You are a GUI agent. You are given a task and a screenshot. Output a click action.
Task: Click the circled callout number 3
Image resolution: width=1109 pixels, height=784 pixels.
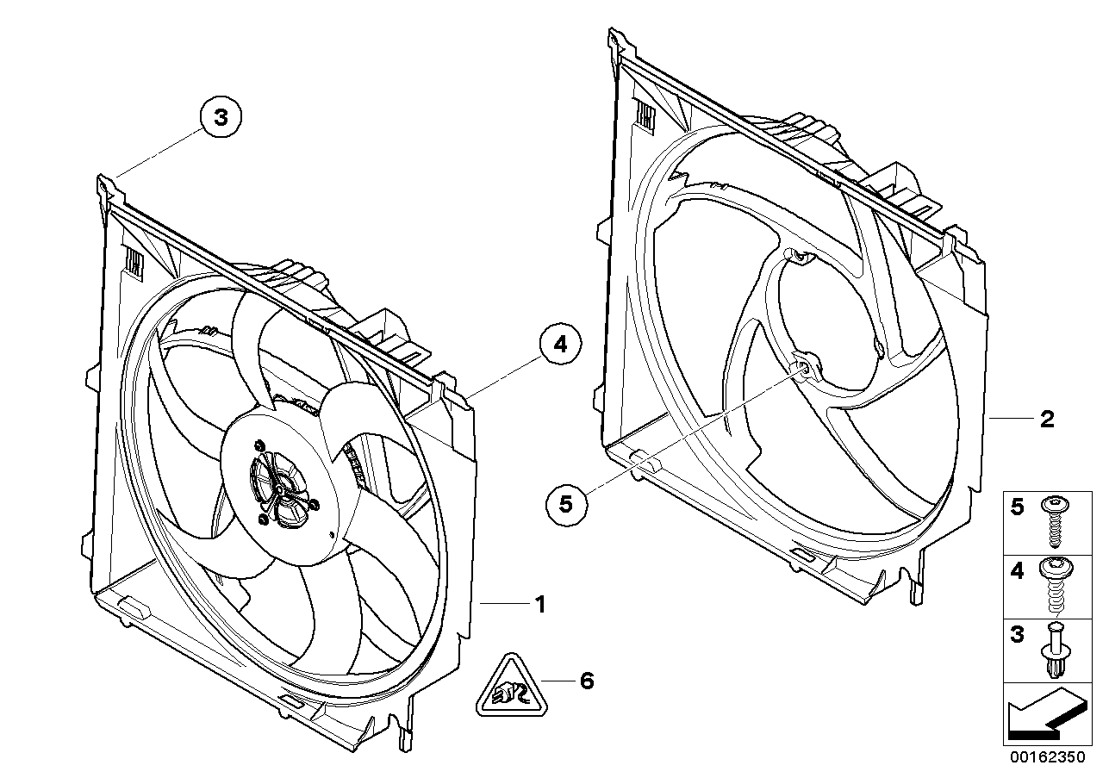221,117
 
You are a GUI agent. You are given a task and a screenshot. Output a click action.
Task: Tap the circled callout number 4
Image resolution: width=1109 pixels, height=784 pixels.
560,345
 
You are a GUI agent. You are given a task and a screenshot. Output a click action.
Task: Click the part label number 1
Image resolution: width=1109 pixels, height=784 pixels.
540,605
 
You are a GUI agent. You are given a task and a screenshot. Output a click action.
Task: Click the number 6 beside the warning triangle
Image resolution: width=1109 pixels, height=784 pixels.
587,681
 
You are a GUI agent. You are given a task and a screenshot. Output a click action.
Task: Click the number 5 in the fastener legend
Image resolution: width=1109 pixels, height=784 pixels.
1018,507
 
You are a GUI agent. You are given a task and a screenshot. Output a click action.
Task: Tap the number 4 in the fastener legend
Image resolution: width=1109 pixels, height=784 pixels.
1018,570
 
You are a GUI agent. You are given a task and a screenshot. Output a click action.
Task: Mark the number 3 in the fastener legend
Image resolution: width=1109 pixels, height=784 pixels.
1018,636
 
